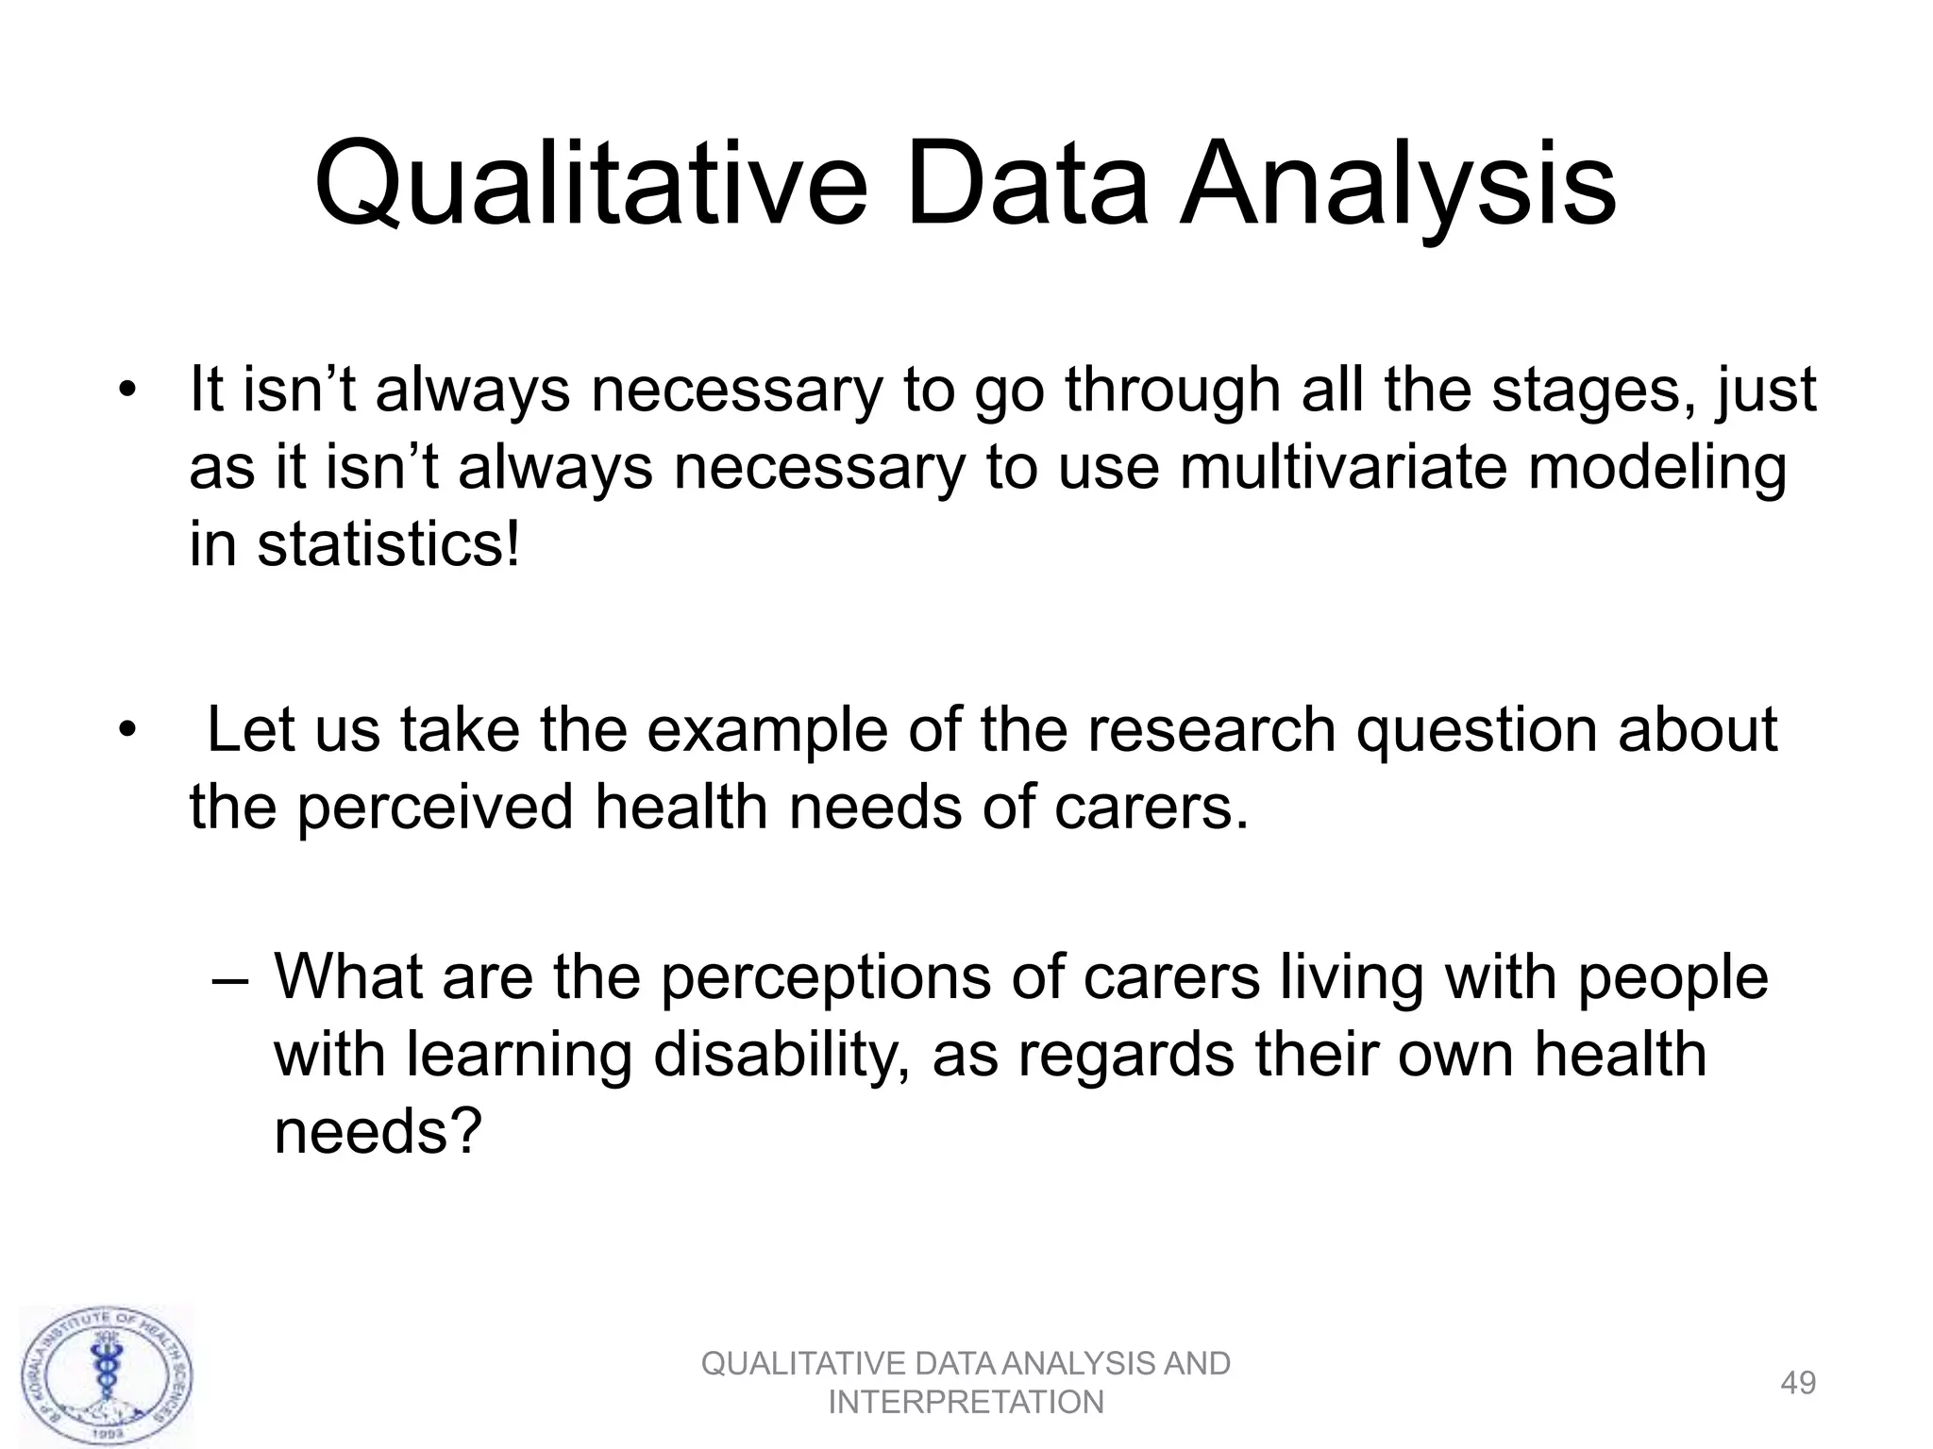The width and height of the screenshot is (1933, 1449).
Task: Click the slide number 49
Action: pyautogui.click(x=1797, y=1383)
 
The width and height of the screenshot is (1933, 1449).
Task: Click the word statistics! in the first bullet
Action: pyautogui.click(x=388, y=545)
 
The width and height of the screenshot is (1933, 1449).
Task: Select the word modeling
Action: pyautogui.click(x=1656, y=469)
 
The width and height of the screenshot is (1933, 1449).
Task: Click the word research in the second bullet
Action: pyautogui.click(x=1212, y=729)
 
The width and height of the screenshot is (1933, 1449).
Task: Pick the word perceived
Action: pyautogui.click(x=435, y=808)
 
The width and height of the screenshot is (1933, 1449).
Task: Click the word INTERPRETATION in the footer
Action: pyautogui.click(x=966, y=1403)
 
